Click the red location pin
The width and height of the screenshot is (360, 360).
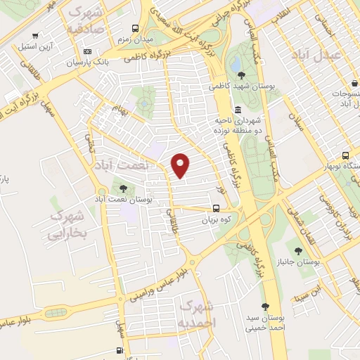click(181, 166)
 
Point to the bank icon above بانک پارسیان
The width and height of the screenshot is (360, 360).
click(87, 51)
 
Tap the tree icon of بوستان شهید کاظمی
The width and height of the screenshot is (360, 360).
click(242, 75)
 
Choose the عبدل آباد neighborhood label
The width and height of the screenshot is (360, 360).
click(337, 54)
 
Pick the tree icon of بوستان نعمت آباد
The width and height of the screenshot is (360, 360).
click(124, 188)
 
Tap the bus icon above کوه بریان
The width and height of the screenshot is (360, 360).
click(216, 208)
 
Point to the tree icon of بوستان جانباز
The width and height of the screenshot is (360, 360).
click(299, 250)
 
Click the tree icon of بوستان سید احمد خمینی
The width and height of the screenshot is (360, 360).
click(264, 306)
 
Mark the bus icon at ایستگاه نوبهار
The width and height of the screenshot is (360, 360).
click(345, 155)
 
